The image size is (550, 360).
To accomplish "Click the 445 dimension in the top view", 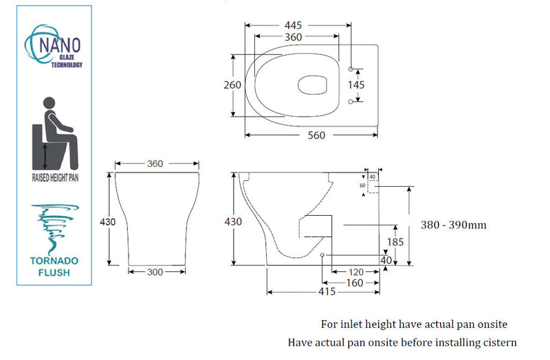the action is tap(293, 25).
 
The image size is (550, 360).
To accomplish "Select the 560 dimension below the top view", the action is tap(316, 135).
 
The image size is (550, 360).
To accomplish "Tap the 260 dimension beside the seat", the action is tap(232, 85).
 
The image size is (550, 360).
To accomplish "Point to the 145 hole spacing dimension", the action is tap(356, 85).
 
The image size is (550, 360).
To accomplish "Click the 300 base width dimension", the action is tap(155, 272).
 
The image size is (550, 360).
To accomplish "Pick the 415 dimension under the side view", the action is tap(327, 292).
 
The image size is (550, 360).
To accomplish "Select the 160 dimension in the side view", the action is tap(354, 283).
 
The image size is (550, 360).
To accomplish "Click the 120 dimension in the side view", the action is tap(356, 272).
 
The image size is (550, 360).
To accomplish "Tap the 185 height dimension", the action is tap(395, 242).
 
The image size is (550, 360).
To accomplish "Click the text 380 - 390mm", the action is tap(454, 225).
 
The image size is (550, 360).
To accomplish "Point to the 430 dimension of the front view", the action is tap(108, 222).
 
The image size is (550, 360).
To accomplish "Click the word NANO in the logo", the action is tap(60, 45).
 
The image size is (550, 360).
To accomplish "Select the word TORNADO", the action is tap(54, 261).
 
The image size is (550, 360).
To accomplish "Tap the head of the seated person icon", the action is tap(49, 103).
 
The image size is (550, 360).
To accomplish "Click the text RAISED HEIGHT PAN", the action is tap(55, 178).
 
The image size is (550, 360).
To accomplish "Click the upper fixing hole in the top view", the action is tap(351, 69).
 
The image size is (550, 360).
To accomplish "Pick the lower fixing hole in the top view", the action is tap(351, 102).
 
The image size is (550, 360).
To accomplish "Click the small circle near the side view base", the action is tap(322, 255).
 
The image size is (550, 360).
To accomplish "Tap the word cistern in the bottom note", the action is tap(497, 342).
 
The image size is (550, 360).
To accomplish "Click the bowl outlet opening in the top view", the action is tap(313, 85).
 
